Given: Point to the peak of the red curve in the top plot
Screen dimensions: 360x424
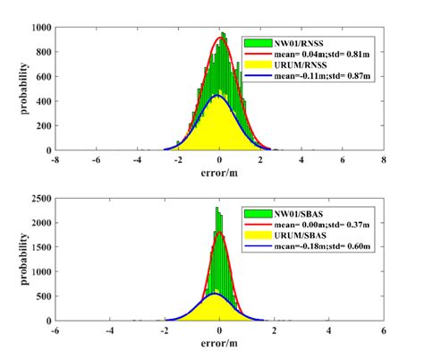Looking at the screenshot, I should point(221,38).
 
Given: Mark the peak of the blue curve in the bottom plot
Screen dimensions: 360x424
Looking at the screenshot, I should point(214,294).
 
